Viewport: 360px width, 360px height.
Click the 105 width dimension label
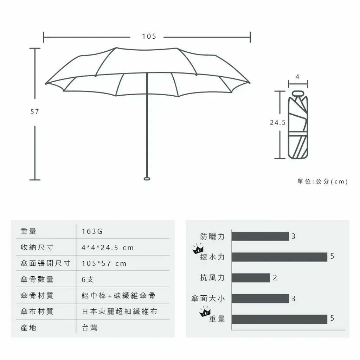click(149, 36)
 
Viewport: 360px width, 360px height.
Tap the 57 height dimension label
click(35, 112)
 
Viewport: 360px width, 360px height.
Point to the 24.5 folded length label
click(278, 123)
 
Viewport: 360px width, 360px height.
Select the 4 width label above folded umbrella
click(297, 77)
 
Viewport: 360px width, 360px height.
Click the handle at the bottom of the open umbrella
click(147, 179)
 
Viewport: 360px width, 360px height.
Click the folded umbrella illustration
click(298, 125)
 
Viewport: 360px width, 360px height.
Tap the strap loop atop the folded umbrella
click(298, 93)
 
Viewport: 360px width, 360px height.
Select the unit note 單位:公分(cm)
click(323, 182)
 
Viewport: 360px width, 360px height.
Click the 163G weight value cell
click(92, 231)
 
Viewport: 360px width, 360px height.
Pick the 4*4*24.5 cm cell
click(108, 248)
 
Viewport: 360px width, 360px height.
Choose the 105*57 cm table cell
click(104, 264)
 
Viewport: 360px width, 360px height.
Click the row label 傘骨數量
click(37, 279)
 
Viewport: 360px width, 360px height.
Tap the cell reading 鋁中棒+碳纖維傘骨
click(118, 295)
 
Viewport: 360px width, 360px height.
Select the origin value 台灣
click(90, 328)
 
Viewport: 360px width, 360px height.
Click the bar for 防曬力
click(260, 236)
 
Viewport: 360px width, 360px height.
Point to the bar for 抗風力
click(251, 278)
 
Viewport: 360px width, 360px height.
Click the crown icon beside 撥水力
click(198, 249)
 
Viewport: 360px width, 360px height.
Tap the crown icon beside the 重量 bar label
click(205, 311)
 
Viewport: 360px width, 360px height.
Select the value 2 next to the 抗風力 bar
click(275, 278)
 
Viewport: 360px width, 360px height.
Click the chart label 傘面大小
click(208, 298)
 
